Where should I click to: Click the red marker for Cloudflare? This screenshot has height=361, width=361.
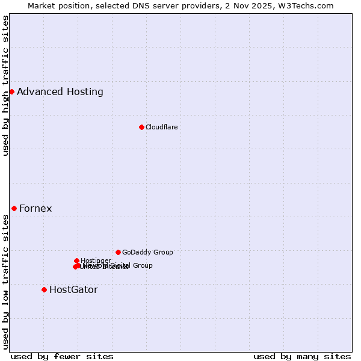point(141,127)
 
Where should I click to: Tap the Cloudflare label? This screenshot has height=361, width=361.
point(161,127)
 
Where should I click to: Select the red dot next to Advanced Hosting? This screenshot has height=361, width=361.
point(11,91)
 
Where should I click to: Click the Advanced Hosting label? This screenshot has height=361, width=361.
point(60,92)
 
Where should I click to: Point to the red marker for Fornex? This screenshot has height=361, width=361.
point(14,208)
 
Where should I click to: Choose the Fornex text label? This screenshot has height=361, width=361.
point(35,209)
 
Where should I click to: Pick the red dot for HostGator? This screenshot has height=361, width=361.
point(44,289)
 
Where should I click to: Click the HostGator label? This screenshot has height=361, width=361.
point(73,289)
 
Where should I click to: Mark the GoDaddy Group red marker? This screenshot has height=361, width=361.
point(118,252)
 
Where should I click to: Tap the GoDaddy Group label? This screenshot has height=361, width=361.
point(147,252)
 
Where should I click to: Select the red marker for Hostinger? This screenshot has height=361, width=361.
point(76,261)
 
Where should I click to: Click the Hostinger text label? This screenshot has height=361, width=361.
point(96,261)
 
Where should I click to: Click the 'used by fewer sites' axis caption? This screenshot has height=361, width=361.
point(62,356)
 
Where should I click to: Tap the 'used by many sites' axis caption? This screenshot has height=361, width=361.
point(302,356)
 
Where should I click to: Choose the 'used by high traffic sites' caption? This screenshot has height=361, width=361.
point(6,85)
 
